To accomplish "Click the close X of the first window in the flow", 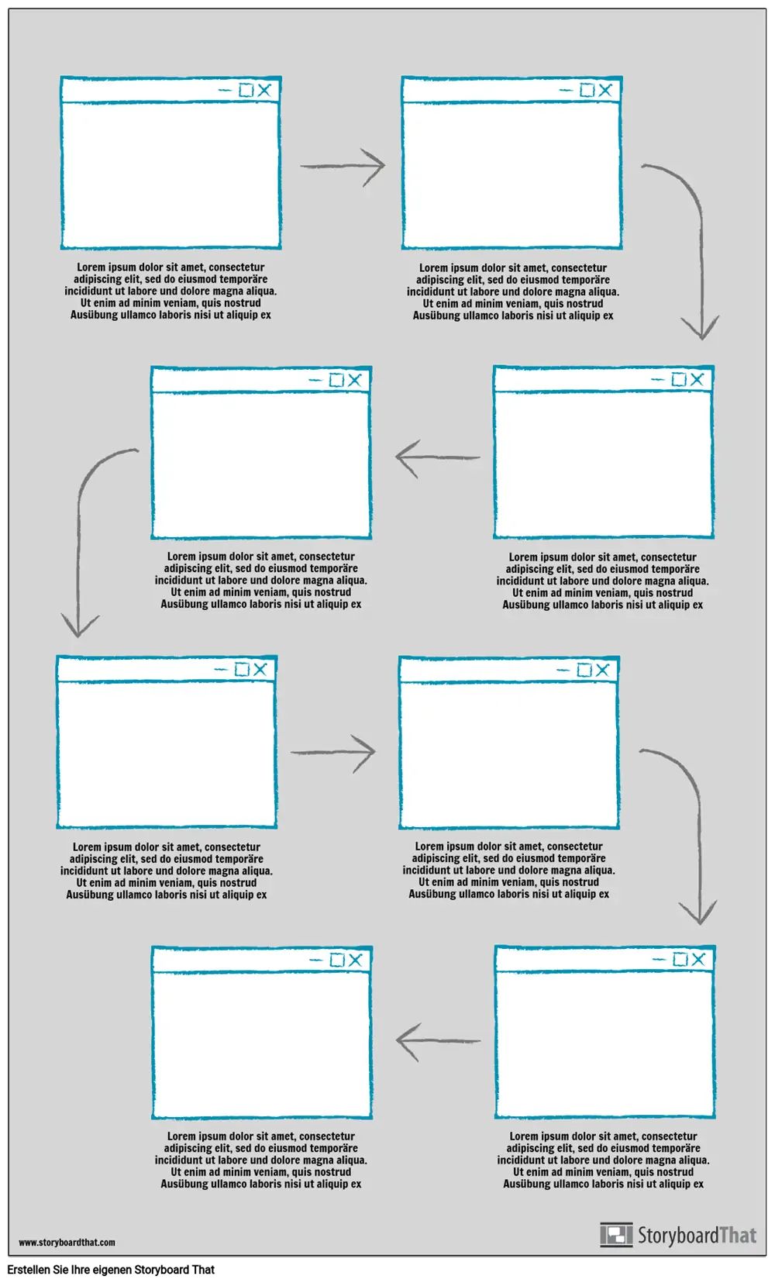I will [x=264, y=90].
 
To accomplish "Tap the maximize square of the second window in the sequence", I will [x=587, y=91].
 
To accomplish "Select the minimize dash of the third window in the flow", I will [x=657, y=380].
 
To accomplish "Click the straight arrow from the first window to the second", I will [x=343, y=166].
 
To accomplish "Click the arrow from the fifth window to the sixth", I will [x=333, y=752].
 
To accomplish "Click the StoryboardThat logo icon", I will [x=616, y=1235].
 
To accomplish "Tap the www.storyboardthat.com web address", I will [x=67, y=1243].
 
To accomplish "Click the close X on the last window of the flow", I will [x=355, y=960].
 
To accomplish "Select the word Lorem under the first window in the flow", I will [x=91, y=267].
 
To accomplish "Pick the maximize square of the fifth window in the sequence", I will [x=242, y=669].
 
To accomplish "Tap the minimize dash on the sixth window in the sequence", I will [x=563, y=670].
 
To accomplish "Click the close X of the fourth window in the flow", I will [x=354, y=380].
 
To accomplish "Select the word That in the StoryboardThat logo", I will [x=737, y=1235].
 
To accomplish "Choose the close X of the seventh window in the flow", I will [x=697, y=959].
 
